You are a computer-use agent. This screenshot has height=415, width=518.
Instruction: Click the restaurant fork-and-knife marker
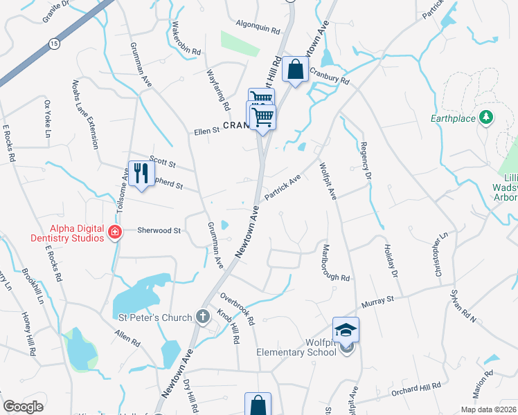point(139,173)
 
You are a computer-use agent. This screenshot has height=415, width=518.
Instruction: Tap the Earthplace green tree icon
point(487,118)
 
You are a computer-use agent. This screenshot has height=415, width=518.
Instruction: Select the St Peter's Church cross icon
point(203,317)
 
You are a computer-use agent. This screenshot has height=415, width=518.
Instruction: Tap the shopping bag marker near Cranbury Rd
point(296,69)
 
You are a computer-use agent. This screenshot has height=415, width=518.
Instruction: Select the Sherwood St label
point(159,230)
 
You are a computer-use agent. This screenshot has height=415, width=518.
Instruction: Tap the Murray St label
point(379,299)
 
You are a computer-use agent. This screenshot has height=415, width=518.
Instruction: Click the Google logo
point(24,407)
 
